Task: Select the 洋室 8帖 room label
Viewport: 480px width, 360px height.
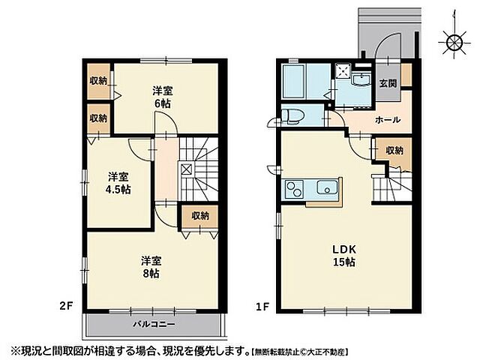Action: [151, 266]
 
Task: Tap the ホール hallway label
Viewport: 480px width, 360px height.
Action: [387, 120]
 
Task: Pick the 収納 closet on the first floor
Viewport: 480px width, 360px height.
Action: [394, 150]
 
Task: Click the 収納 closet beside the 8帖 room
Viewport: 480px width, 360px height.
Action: [199, 216]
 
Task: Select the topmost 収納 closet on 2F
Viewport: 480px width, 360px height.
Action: [98, 81]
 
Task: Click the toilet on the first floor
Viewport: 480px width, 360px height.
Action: [292, 117]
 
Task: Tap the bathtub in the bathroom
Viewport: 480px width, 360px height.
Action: [294, 80]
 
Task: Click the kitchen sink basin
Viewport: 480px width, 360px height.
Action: [327, 189]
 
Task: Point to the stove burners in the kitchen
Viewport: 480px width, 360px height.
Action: [293, 190]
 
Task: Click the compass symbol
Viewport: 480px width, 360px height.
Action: [454, 42]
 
